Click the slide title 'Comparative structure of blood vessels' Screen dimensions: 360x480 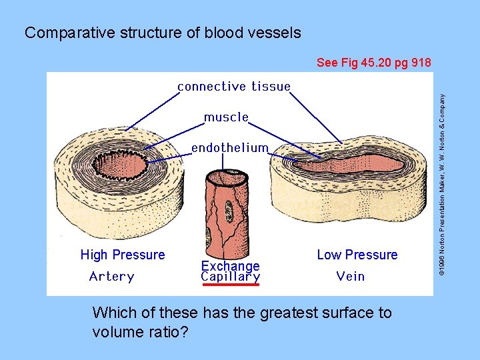pos(163,33)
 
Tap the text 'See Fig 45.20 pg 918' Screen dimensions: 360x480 pos(374,63)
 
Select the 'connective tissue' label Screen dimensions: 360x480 pos(233,87)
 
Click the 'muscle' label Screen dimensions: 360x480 pos(226,117)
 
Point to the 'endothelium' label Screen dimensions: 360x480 pos(230,148)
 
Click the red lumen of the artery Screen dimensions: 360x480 pos(123,163)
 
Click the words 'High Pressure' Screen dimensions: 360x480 pos(123,255)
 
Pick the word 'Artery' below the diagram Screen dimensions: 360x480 pos(111,277)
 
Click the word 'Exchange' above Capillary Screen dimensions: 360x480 pos(230,266)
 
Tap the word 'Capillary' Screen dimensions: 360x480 pos(230,277)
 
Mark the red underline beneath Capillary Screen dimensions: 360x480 pos(230,285)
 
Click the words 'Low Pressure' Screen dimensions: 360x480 pos(357,255)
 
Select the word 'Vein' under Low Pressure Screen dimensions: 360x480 pos(350,277)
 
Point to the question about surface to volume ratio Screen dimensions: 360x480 pos(242,321)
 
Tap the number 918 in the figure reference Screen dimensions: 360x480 pos(421,63)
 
